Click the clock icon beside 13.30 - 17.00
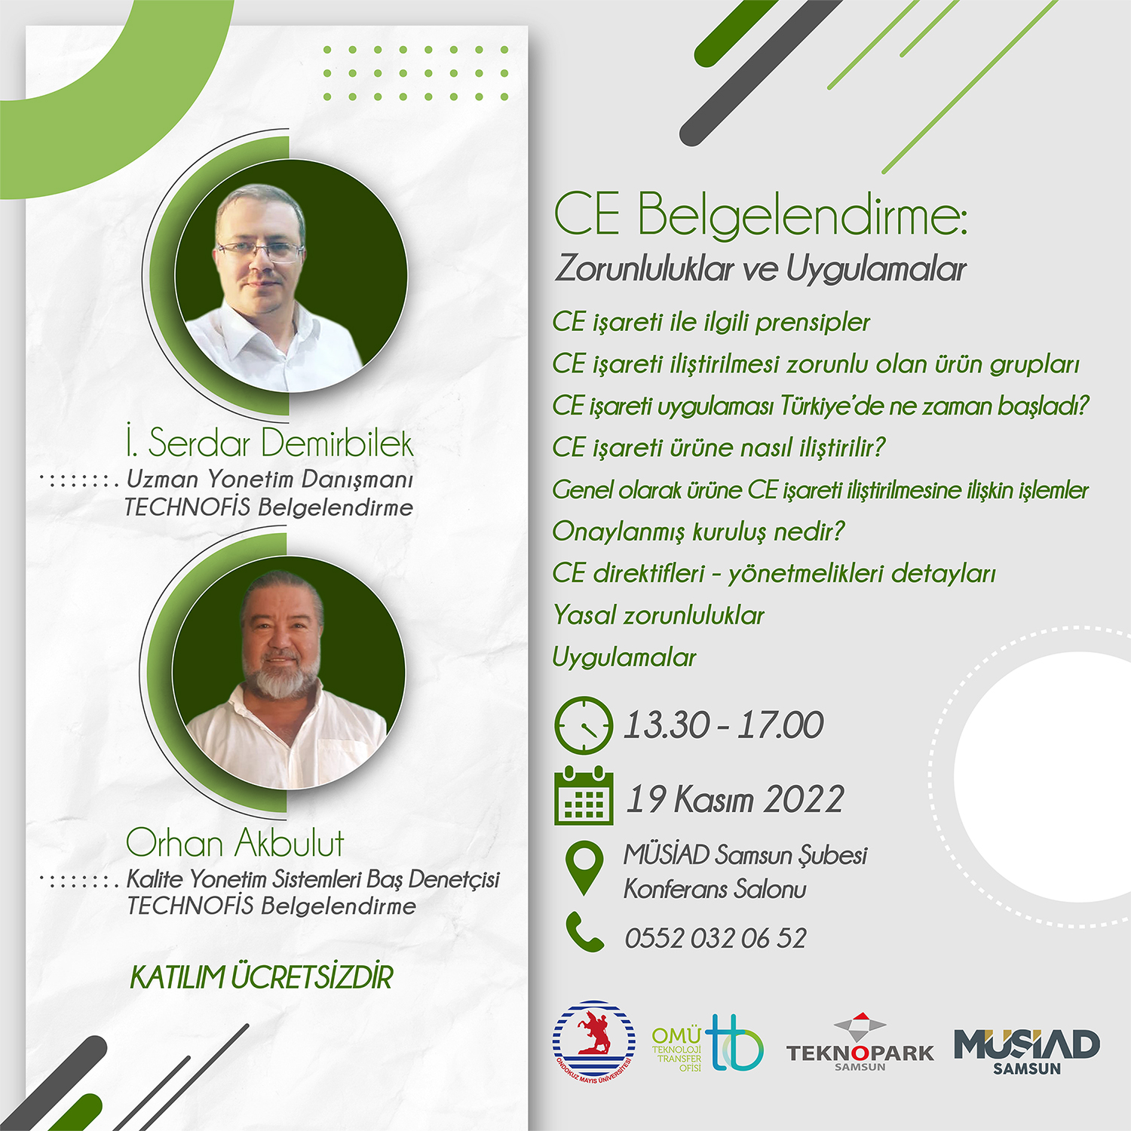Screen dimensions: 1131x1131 click(584, 725)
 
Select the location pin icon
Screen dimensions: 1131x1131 click(584, 868)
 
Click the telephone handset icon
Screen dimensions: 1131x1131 click(585, 932)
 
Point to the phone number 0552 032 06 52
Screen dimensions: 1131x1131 click(716, 938)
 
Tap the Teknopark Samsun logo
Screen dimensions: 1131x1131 click(860, 1044)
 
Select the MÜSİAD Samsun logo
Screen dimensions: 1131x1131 click(1027, 1051)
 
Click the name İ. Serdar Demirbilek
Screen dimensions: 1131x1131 click(270, 443)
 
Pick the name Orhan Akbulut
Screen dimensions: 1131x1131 click(234, 842)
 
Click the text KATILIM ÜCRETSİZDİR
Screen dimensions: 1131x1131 click(262, 977)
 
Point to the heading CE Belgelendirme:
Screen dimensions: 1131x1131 click(760, 214)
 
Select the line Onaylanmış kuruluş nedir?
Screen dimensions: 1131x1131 click(698, 532)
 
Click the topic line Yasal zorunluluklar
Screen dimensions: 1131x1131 click(658, 615)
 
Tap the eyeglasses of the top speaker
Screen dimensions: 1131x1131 click(260, 250)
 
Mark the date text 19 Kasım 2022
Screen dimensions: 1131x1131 click(735, 799)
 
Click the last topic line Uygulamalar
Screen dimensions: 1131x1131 click(624, 657)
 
